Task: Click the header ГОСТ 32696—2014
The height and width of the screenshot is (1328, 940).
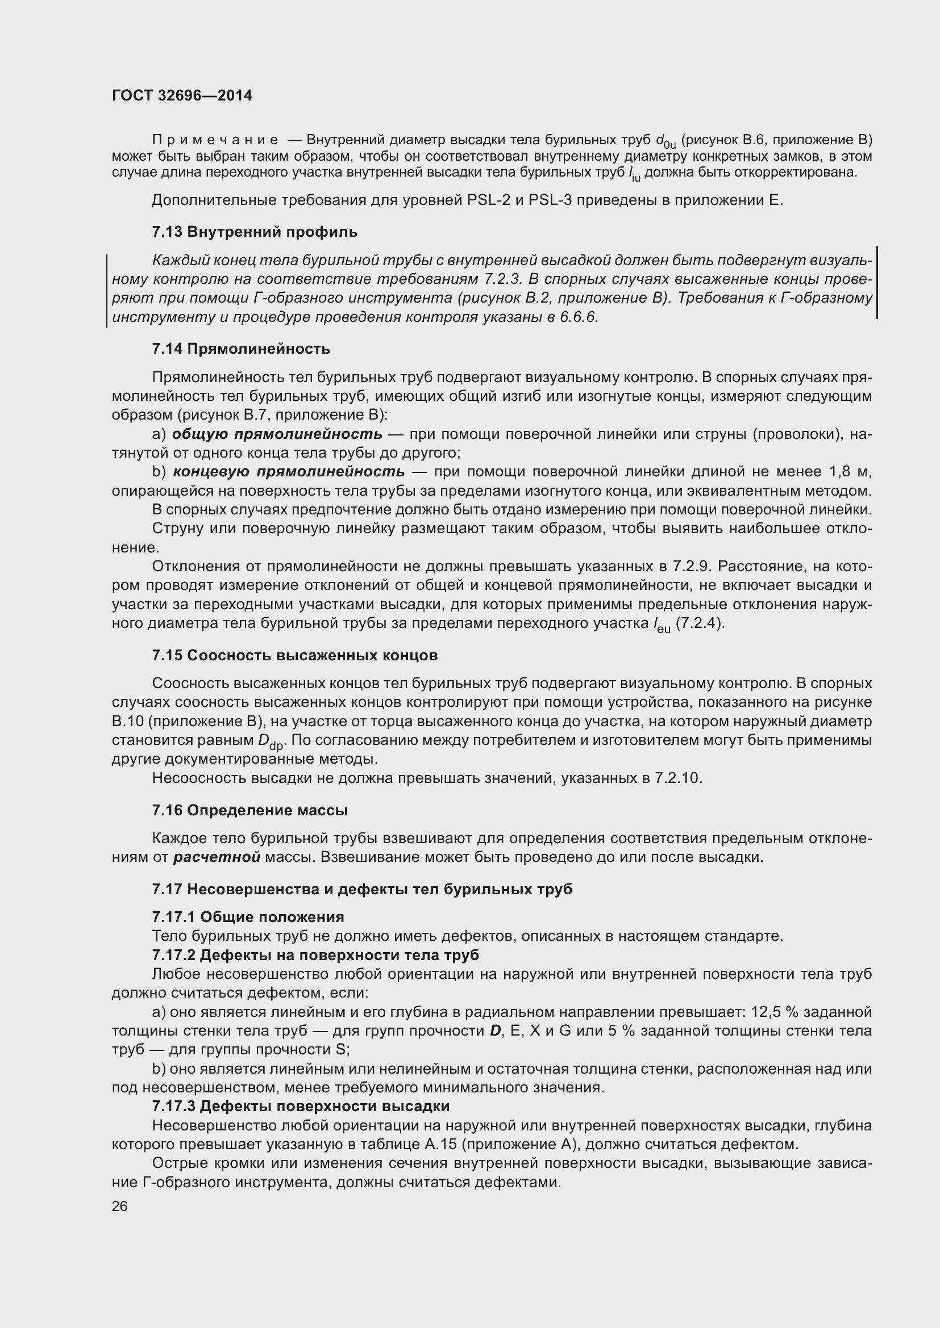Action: tap(182, 95)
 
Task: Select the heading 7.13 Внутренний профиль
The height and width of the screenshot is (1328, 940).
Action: tap(255, 232)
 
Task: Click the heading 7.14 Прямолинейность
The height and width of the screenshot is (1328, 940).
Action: tap(241, 349)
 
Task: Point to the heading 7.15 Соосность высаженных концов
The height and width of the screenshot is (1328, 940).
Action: tap(294, 655)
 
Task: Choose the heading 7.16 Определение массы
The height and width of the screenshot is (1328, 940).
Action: tap(250, 810)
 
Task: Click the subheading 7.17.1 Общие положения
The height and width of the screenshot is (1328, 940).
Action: tap(248, 917)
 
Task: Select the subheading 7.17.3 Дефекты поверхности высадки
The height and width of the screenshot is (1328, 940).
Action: tap(301, 1106)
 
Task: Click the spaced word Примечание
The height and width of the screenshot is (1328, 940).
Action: tap(215, 140)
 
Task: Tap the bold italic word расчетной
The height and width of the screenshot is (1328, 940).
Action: tap(217, 857)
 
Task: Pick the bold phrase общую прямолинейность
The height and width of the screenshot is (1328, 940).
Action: tap(277, 434)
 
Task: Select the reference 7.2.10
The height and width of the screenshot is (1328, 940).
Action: tap(679, 778)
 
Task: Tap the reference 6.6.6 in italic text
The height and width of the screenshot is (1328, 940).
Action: tap(578, 317)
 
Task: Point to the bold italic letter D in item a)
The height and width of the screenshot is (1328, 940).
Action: tap(495, 1030)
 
